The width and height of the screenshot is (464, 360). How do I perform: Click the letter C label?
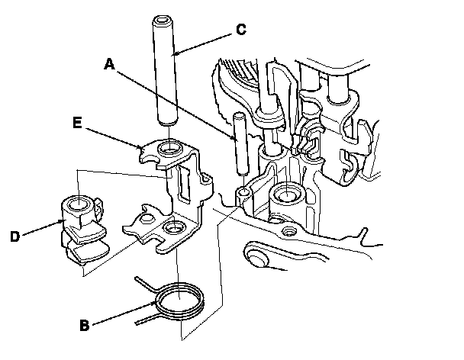point(240,30)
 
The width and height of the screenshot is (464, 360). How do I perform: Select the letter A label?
point(109,66)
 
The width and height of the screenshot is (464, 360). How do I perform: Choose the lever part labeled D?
point(82,229)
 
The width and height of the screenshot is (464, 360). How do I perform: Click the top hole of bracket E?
point(169,146)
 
